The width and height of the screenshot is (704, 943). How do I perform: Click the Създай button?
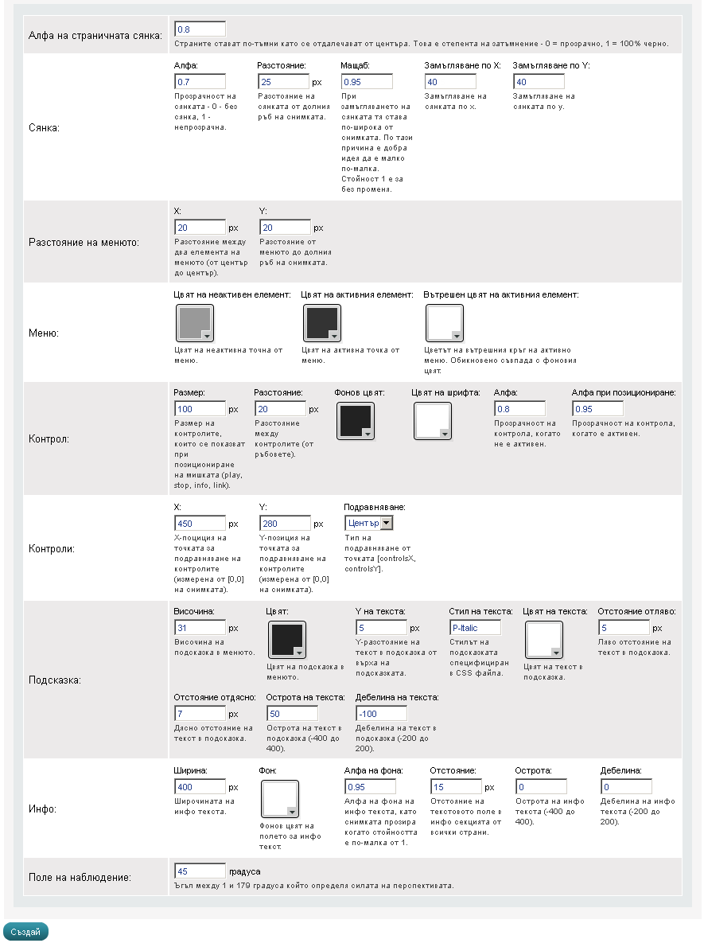(x=26, y=931)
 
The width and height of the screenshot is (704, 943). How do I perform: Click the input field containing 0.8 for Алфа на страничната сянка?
(x=200, y=29)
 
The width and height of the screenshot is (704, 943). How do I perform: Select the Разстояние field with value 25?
(x=283, y=82)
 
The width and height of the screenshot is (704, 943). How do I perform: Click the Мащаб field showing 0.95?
(x=367, y=82)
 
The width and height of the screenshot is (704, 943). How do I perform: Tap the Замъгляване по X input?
(x=451, y=82)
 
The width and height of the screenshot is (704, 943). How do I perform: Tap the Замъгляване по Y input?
(x=540, y=82)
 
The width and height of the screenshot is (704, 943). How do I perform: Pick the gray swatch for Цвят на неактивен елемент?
(x=193, y=323)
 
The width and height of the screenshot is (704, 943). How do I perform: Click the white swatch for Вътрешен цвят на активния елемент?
(x=445, y=323)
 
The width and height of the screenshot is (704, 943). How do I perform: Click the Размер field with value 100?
(x=200, y=409)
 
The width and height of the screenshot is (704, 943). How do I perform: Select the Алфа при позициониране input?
(x=597, y=409)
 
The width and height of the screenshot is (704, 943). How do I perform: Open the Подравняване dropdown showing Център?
(x=369, y=523)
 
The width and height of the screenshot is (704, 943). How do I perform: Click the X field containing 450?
(x=200, y=524)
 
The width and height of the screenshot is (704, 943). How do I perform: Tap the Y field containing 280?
(x=285, y=524)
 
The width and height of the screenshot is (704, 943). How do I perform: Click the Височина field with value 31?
(x=200, y=628)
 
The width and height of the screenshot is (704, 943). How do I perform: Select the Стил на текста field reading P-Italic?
(x=475, y=628)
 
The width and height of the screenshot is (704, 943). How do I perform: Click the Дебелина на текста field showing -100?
(x=380, y=714)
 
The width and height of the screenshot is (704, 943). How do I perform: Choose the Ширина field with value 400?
(x=200, y=787)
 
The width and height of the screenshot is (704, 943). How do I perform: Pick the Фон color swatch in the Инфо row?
(x=279, y=798)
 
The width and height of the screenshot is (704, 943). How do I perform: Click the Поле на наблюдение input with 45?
(x=200, y=871)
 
